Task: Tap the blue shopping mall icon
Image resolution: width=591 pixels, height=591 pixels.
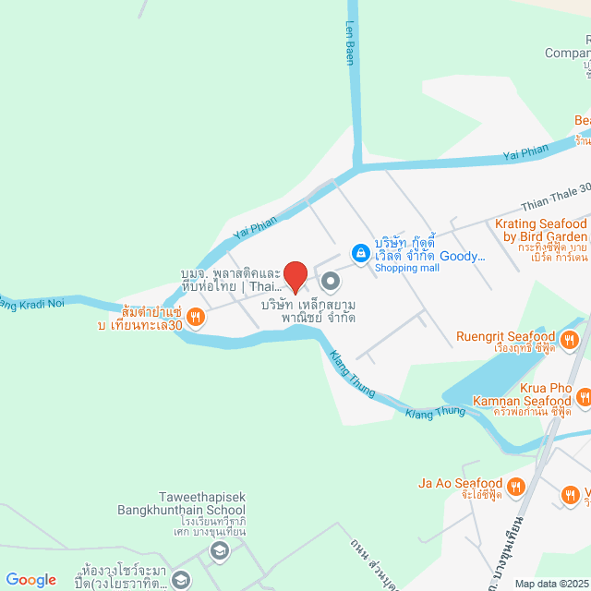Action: tap(360, 252)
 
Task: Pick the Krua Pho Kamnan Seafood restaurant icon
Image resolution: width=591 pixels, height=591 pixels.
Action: tap(584, 396)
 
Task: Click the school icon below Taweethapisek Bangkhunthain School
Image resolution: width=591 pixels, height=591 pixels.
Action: tap(219, 552)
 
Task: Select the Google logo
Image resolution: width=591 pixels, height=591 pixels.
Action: tap(30, 579)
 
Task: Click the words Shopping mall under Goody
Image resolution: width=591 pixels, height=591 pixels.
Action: tap(407, 268)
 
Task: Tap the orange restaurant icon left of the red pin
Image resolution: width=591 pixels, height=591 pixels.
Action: tap(195, 318)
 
